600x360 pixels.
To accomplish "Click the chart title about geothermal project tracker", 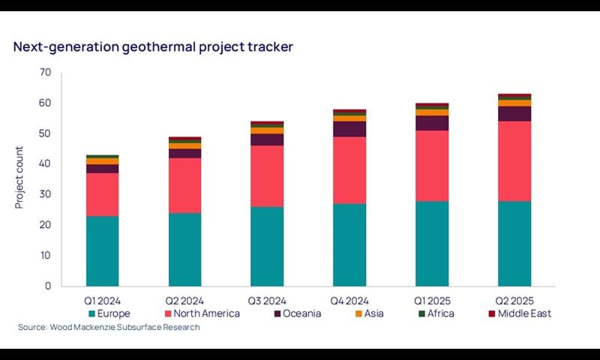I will pyautogui.click(x=153, y=46).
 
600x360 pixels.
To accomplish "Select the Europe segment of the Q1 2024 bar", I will pyautogui.click(x=102, y=250).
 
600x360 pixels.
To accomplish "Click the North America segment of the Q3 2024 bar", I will pyautogui.click(x=266, y=176).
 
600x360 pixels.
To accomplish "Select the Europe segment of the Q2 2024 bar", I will pyautogui.click(x=184, y=249).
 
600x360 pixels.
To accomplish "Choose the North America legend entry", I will pyautogui.click(x=202, y=313).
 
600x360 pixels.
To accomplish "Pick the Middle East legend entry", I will pyautogui.click(x=519, y=313).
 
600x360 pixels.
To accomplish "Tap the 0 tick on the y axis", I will pyautogui.click(x=48, y=286).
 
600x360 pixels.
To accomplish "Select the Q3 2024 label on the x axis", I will pyautogui.click(x=266, y=299).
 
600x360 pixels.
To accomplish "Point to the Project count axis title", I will pyautogui.click(x=20, y=178).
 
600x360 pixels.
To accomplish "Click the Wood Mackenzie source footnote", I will pyautogui.click(x=109, y=328).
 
